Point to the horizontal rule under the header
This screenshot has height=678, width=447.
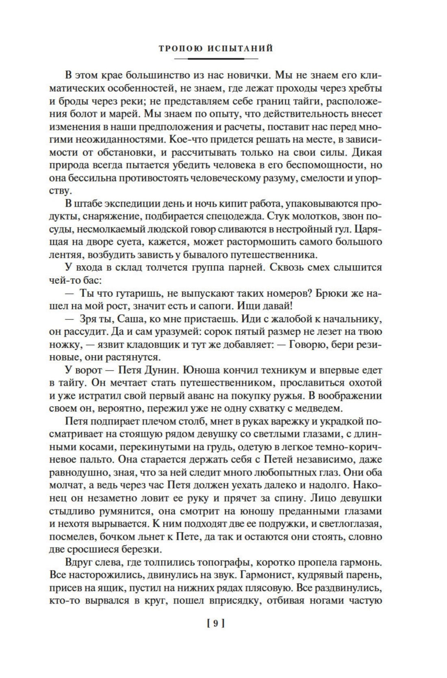coord(215,59)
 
